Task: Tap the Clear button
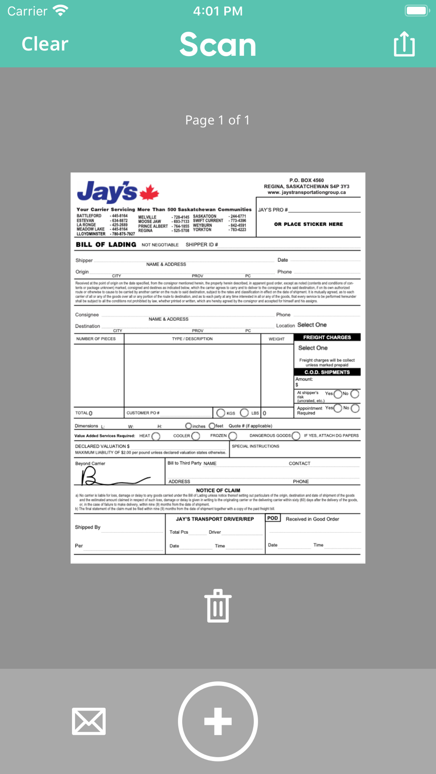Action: pyautogui.click(x=45, y=44)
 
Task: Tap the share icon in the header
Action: pyautogui.click(x=404, y=44)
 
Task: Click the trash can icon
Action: pyautogui.click(x=218, y=606)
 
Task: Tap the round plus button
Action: pyautogui.click(x=218, y=721)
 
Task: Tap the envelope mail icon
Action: pyautogui.click(x=89, y=721)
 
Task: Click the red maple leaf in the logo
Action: pyautogui.click(x=149, y=192)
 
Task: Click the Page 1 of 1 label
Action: pyautogui.click(x=218, y=120)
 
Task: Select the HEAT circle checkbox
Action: pyautogui.click(x=156, y=436)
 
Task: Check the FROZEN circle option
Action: pyautogui.click(x=233, y=436)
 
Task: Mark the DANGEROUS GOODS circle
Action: pyautogui.click(x=296, y=436)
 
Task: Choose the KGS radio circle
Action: pyautogui.click(x=221, y=413)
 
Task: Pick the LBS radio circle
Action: pyautogui.click(x=245, y=413)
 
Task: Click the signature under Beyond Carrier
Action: pyautogui.click(x=113, y=478)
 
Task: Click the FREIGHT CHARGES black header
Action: pyautogui.click(x=327, y=337)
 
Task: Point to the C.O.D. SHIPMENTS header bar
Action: pyautogui.click(x=327, y=372)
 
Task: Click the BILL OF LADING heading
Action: pyautogui.click(x=106, y=245)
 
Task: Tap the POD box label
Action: pyautogui.click(x=272, y=518)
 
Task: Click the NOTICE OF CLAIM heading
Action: pyautogui.click(x=218, y=490)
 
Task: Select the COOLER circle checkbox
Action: pyautogui.click(x=196, y=436)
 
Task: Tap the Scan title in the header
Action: pyautogui.click(x=218, y=44)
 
